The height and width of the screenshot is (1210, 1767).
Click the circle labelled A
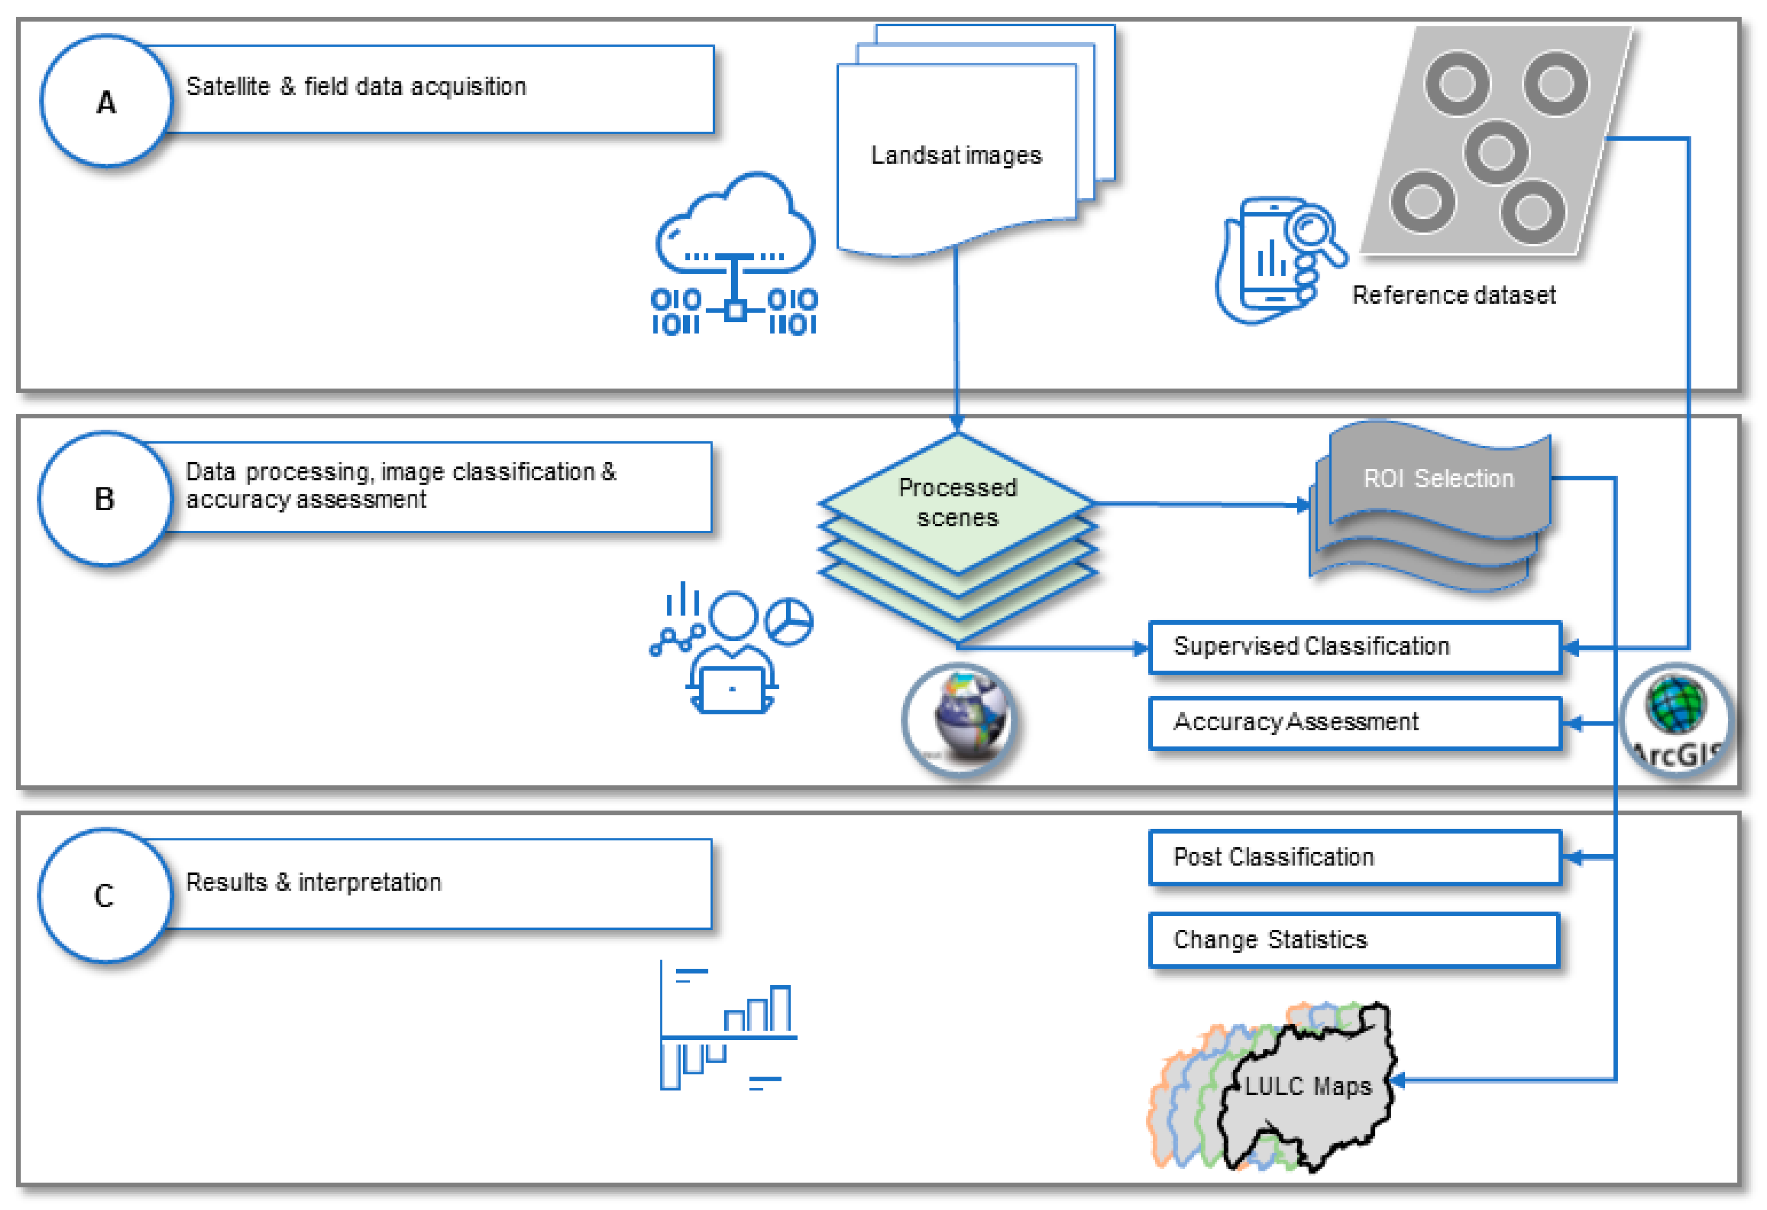tap(107, 101)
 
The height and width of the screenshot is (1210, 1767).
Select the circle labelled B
tap(105, 499)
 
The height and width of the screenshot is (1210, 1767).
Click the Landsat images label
tap(956, 155)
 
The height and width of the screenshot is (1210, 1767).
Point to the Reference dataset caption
tap(1453, 295)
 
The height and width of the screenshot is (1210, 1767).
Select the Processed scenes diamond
tap(957, 502)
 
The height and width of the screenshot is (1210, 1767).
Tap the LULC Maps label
tap(1308, 1086)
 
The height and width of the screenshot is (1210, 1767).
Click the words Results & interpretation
tap(313, 882)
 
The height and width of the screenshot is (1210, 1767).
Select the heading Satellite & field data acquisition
tap(356, 86)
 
